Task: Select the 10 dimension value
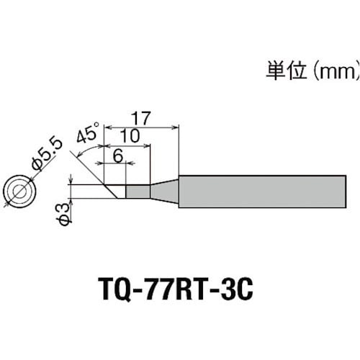tap(130, 136)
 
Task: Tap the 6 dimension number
tap(118, 156)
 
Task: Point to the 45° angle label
tap(87, 132)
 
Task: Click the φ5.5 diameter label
tap(47, 153)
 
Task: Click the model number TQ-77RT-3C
tap(177, 289)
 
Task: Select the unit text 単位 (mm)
tap(312, 71)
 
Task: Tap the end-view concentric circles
tap(19, 192)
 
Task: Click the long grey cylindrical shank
tap(262, 192)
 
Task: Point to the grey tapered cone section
tap(164, 192)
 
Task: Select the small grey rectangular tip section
tap(138, 192)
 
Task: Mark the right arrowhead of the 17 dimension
tap(176, 128)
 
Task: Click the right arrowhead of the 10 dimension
tap(147, 145)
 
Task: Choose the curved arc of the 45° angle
tap(88, 149)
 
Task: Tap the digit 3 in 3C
tap(225, 289)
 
